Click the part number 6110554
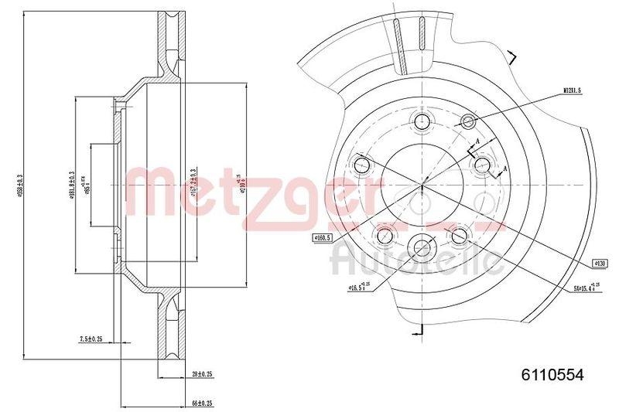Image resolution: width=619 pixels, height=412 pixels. [x=552, y=373]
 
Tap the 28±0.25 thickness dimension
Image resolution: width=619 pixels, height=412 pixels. [x=203, y=374]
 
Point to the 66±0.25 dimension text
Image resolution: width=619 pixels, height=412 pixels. [x=203, y=403]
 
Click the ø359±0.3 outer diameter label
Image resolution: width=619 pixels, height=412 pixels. [x=29, y=185]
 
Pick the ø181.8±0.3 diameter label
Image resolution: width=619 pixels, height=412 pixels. [x=71, y=186]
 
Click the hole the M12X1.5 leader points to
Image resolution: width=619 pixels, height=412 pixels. [x=468, y=121]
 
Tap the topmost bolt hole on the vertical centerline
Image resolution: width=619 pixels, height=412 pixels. [x=422, y=121]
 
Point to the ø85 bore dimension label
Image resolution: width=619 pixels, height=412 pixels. [x=87, y=186]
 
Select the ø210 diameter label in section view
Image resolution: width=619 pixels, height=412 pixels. [x=242, y=186]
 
